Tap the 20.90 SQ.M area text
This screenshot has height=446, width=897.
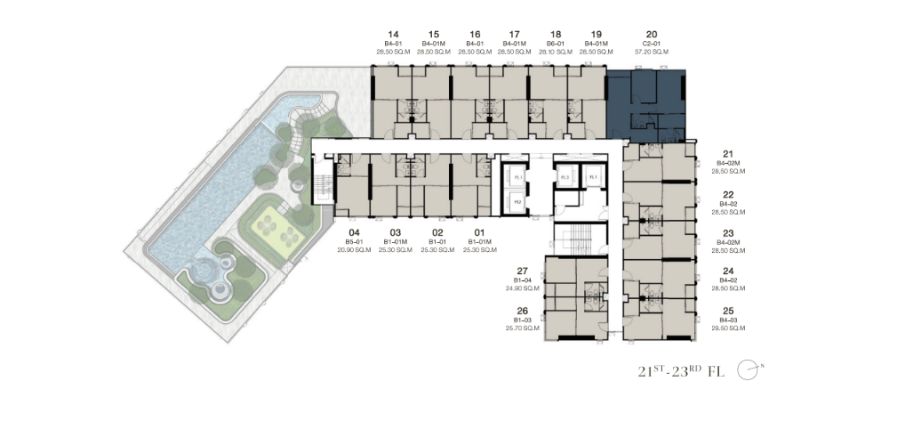coord(353,250)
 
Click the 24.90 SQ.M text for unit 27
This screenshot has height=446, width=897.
coord(522,288)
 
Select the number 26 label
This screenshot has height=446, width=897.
coord(522,311)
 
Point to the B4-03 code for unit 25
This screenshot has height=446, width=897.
coord(728,320)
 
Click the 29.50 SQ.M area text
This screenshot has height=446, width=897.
coord(728,328)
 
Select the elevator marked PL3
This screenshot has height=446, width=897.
coord(565,178)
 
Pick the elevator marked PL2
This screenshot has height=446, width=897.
coord(517,203)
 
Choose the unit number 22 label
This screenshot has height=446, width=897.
coord(728,194)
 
